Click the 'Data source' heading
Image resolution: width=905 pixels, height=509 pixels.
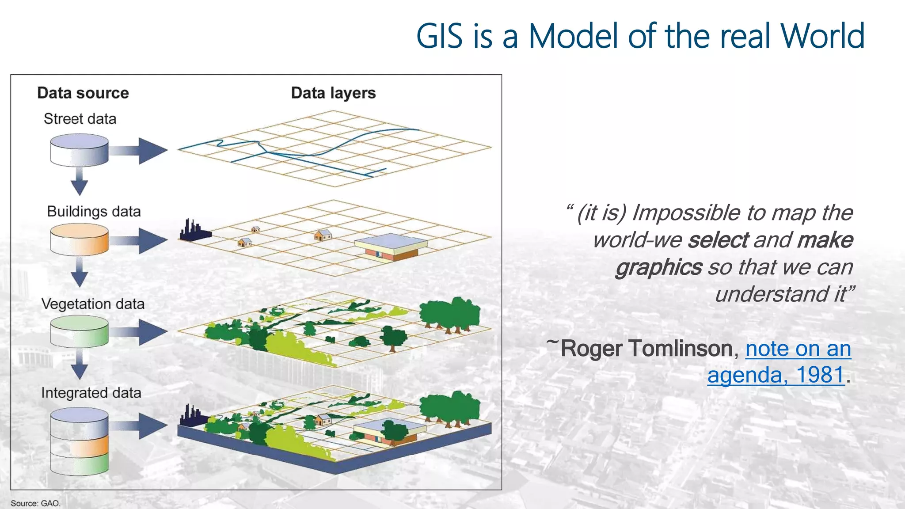click(83, 93)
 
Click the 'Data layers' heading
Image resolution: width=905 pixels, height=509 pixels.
click(333, 93)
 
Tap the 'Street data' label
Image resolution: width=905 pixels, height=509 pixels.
click(80, 119)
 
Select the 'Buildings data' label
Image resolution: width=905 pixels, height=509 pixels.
click(94, 211)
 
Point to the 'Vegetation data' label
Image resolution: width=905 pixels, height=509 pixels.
click(93, 304)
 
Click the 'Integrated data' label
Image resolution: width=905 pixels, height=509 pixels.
click(91, 393)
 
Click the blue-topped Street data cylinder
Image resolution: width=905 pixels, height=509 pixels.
click(79, 150)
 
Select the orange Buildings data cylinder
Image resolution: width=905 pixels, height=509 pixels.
click(79, 239)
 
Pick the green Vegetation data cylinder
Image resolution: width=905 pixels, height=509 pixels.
click(79, 331)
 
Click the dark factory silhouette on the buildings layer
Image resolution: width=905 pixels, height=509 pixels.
click(194, 231)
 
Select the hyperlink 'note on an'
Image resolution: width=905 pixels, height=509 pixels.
click(798, 349)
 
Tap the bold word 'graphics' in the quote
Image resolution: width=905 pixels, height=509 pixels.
click(658, 267)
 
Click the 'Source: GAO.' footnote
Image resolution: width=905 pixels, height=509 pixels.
click(35, 503)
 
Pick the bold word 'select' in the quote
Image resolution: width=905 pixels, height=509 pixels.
click(718, 240)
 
